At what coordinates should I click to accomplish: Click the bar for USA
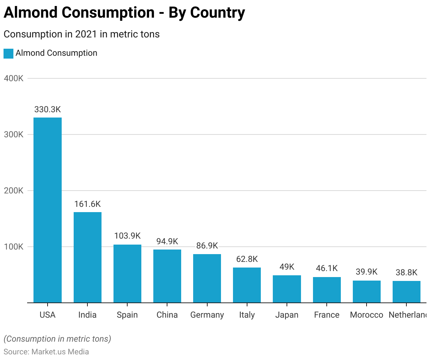[x=48, y=210]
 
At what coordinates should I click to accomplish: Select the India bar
[x=87, y=257]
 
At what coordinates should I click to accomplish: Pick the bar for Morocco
[x=367, y=292]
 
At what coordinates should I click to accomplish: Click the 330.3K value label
[x=48, y=109]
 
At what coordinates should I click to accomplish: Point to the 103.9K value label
[x=127, y=236]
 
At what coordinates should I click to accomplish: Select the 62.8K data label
[x=247, y=259]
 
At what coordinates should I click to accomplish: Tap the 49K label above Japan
[x=287, y=267]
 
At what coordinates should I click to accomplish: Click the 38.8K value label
[x=406, y=272]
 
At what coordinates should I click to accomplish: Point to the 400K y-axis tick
[x=14, y=78]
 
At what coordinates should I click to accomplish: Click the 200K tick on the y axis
[x=14, y=191]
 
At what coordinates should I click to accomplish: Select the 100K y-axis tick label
[x=14, y=247]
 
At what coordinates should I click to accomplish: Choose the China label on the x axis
[x=167, y=315]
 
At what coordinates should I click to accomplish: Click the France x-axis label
[x=327, y=315]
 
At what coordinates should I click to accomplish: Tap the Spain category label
[x=127, y=315]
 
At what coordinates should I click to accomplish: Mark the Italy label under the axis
[x=247, y=315]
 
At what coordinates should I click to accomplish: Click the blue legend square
[x=8, y=53]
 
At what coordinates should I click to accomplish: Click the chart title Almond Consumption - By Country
[x=124, y=13]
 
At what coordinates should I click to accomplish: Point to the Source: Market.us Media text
[x=46, y=352]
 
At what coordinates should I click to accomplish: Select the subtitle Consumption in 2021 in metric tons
[x=81, y=34]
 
